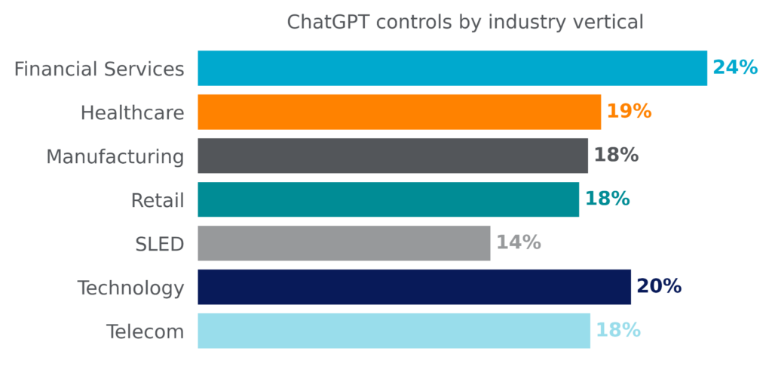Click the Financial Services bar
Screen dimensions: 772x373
click(x=452, y=68)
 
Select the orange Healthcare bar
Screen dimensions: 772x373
click(x=400, y=112)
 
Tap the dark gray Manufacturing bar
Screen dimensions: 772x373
click(x=393, y=156)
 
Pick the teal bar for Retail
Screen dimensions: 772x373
click(x=388, y=199)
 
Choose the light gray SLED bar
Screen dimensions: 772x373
click(x=344, y=243)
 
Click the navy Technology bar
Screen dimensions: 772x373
click(x=414, y=287)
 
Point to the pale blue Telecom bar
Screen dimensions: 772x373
click(x=394, y=331)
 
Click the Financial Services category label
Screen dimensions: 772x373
click(x=99, y=69)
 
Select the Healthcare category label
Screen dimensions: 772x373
click(x=133, y=113)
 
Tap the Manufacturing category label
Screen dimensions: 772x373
click(x=115, y=157)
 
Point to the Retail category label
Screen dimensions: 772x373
click(x=158, y=201)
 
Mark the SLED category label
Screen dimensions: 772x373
click(x=160, y=244)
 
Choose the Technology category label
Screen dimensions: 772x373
click(x=131, y=288)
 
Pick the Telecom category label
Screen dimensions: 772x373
click(x=146, y=332)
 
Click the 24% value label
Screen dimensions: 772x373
click(x=736, y=68)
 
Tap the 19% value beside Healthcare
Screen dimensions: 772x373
click(x=630, y=112)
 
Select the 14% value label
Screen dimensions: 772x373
click(x=519, y=242)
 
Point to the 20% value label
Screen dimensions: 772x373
click(x=659, y=286)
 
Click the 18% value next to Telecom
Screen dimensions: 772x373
click(x=618, y=330)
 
